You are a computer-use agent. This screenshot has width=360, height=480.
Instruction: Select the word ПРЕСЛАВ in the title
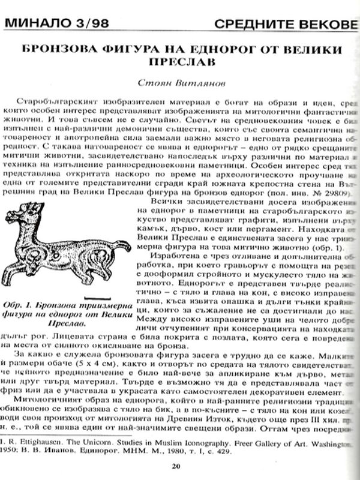click(179, 61)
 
